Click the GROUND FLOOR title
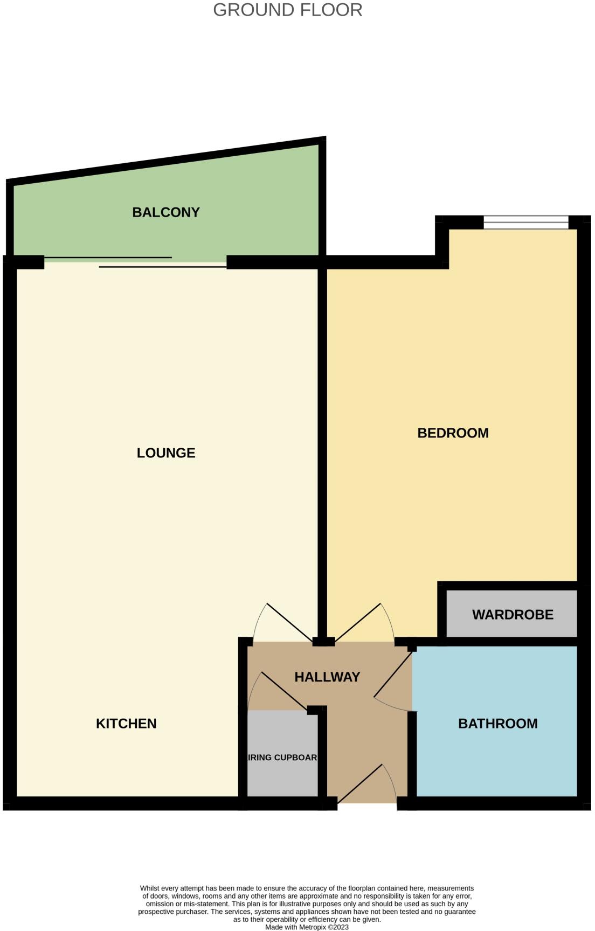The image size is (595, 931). pos(287,10)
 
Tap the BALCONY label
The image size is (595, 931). pos(166,212)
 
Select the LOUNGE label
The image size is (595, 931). pos(166,453)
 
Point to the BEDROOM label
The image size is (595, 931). pos(453,433)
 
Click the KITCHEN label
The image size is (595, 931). pos(126,723)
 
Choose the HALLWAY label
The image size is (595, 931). pos(327,677)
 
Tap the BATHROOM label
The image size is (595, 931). pos(497,723)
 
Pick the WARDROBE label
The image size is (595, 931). pos(513,614)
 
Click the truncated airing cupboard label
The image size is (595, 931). pos(282,757)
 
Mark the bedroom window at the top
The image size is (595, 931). pos(525,222)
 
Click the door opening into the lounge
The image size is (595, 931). pos(288,622)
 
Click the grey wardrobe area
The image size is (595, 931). pos(512,628)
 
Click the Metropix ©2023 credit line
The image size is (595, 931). pos(307,927)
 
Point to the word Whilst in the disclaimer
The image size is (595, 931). pos(150,888)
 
